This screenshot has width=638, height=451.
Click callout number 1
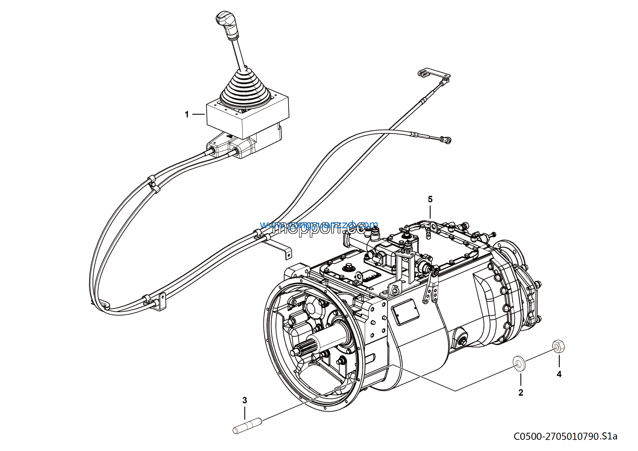click(x=187, y=114)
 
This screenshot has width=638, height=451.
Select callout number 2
click(x=521, y=392)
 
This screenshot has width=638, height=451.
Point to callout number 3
click(x=244, y=400)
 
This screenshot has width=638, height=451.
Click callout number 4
click(x=559, y=374)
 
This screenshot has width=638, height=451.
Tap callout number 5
click(x=430, y=199)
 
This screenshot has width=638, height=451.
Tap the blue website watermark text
click(x=319, y=224)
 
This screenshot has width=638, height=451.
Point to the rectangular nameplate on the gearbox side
click(x=405, y=312)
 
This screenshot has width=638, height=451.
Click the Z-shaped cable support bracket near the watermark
click(x=278, y=249)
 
